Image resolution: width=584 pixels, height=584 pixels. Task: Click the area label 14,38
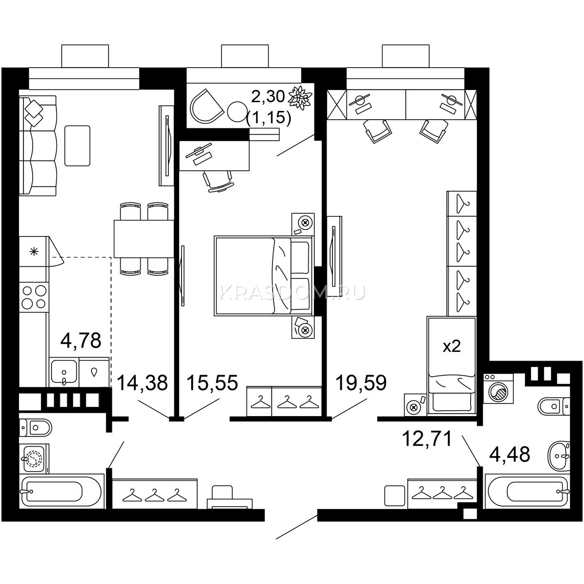[142, 383]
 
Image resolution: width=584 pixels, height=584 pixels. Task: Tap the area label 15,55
[212, 383]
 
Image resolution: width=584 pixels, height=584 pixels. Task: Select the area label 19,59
[361, 383]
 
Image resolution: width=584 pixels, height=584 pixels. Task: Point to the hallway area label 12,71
[427, 439]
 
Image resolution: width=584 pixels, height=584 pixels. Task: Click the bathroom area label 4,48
[510, 454]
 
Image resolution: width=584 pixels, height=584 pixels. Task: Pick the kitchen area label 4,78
[81, 340]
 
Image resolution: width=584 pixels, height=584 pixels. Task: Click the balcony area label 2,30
[268, 97]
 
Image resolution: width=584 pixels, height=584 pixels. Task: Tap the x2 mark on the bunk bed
[452, 346]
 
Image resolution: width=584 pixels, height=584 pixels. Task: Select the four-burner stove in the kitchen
[34, 297]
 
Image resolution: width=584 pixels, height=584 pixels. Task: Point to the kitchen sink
[64, 372]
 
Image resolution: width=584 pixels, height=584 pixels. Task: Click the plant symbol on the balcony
[300, 97]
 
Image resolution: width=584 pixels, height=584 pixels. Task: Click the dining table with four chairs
[144, 238]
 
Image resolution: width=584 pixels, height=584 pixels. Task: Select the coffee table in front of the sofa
[77, 146]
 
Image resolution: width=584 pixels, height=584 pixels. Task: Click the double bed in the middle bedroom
[263, 276]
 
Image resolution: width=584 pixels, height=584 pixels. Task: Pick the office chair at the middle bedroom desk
[219, 181]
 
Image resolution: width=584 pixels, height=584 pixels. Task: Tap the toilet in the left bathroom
[36, 428]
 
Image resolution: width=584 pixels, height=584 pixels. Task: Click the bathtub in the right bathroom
[528, 491]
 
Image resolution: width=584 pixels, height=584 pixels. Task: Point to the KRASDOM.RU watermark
[292, 292]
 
